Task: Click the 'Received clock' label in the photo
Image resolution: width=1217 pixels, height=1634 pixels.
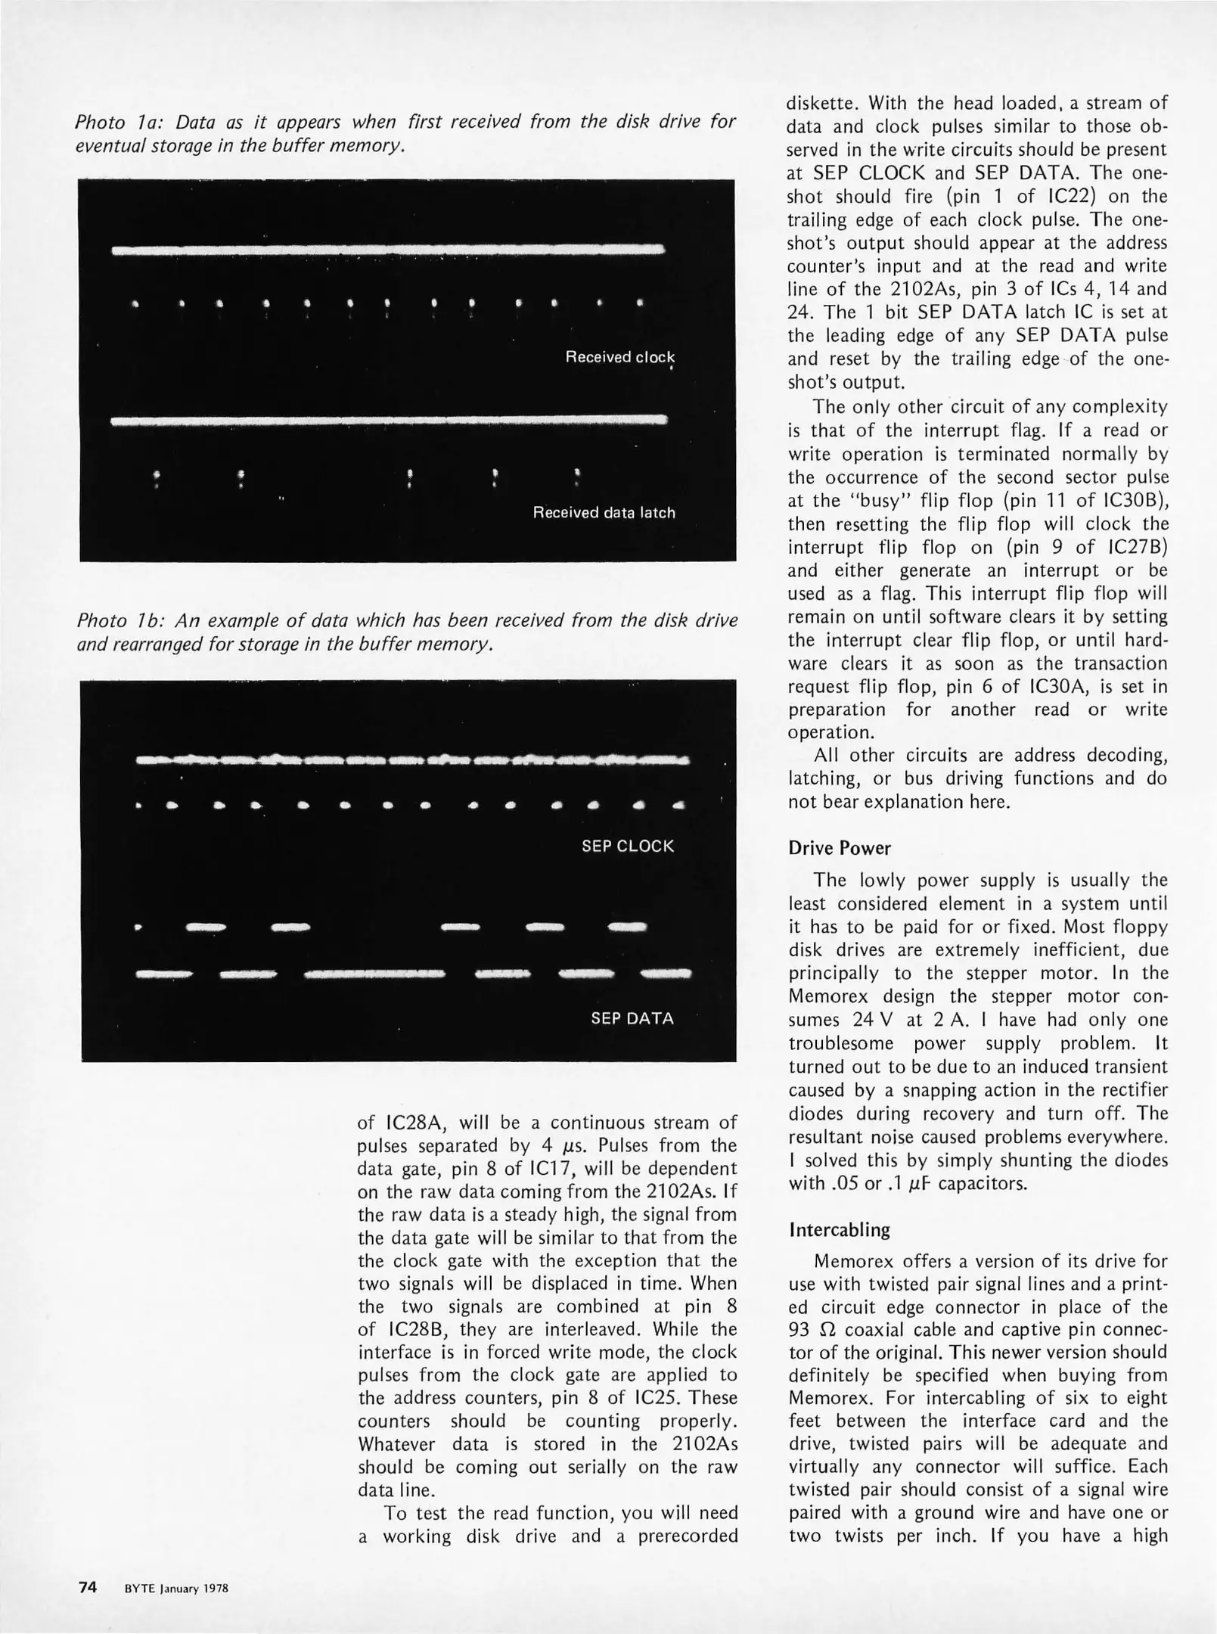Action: (x=619, y=357)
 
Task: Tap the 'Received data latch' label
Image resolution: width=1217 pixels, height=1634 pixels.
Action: (x=604, y=513)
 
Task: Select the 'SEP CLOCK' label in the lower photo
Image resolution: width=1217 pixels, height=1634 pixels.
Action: (x=627, y=846)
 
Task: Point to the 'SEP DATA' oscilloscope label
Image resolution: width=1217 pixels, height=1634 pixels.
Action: (x=632, y=1018)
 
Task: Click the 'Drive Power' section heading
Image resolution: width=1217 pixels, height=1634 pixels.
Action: (x=828, y=848)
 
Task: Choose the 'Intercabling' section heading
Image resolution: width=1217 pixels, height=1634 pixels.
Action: (x=839, y=1230)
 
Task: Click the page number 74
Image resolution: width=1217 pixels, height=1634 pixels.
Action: (x=88, y=1587)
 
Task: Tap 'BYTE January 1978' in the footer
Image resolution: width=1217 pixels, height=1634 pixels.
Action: (x=176, y=1589)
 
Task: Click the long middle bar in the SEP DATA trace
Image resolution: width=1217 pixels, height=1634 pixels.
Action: (x=374, y=974)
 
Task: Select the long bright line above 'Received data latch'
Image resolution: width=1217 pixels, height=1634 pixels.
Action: (x=389, y=420)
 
